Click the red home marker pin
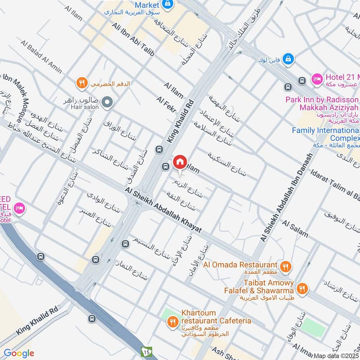pos(180,162)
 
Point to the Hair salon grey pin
pos(107,103)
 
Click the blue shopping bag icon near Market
pos(167,4)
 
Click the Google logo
pos(18,353)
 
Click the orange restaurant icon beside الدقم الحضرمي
pos(81,83)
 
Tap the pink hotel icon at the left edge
pos(19,208)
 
